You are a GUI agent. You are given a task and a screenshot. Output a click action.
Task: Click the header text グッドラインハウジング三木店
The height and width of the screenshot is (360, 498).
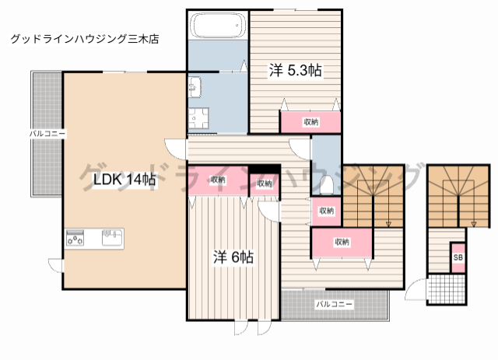tap(85, 38)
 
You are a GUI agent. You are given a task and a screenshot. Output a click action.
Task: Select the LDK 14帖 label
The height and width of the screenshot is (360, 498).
tap(124, 180)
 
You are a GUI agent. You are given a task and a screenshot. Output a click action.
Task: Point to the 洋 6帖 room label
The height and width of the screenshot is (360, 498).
tap(233, 257)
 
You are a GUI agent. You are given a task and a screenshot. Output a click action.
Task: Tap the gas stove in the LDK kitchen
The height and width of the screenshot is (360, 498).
tap(76, 239)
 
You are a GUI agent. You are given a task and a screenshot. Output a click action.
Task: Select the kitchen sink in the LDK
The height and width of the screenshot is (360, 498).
tap(111, 237)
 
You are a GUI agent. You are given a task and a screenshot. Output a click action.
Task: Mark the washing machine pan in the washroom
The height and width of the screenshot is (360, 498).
tap(198, 119)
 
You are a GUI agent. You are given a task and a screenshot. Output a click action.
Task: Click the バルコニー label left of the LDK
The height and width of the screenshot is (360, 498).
tap(47, 134)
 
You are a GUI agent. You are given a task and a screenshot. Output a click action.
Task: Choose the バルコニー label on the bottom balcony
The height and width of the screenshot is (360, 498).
tap(334, 303)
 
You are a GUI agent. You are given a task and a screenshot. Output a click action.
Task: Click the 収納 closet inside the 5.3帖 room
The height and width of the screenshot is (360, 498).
tap(310, 122)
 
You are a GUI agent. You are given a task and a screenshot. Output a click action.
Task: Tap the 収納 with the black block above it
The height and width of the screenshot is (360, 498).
tap(264, 183)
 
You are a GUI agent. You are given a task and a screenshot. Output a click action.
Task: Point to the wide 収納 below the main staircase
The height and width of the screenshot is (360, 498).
tap(342, 243)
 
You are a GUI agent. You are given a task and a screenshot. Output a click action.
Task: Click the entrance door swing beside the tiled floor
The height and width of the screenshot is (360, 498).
tap(415, 294)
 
